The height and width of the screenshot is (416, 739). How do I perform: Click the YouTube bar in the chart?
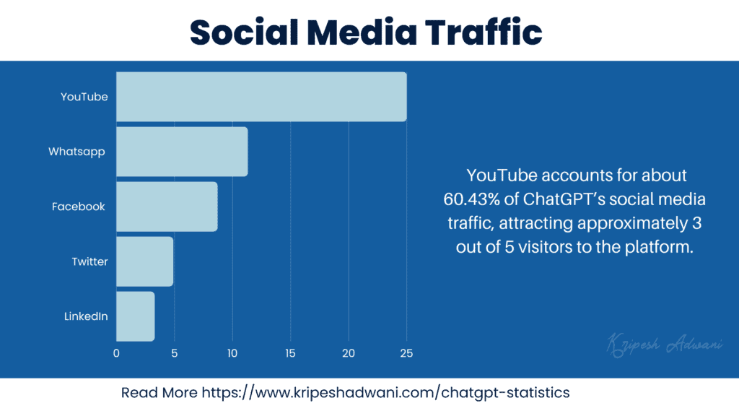[261, 97]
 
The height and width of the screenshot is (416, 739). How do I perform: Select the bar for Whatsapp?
[182, 152]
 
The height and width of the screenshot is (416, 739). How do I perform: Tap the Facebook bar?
[167, 207]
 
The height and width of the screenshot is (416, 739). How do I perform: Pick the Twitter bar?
[144, 261]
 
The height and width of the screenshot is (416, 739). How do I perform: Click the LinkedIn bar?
[135, 316]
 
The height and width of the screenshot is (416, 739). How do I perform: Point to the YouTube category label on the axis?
[84, 97]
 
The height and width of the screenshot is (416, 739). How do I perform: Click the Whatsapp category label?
[76, 152]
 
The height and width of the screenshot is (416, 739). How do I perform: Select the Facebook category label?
[79, 207]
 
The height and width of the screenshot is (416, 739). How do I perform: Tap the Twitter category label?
[89, 261]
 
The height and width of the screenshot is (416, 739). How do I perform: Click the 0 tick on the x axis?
[116, 354]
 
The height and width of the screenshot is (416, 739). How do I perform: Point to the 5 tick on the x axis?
[174, 354]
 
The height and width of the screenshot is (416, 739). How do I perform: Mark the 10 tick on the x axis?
[232, 354]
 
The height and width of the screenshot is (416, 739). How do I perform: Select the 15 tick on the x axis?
[290, 354]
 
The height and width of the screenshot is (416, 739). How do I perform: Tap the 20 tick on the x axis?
[349, 354]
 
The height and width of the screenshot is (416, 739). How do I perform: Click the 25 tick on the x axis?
[406, 354]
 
